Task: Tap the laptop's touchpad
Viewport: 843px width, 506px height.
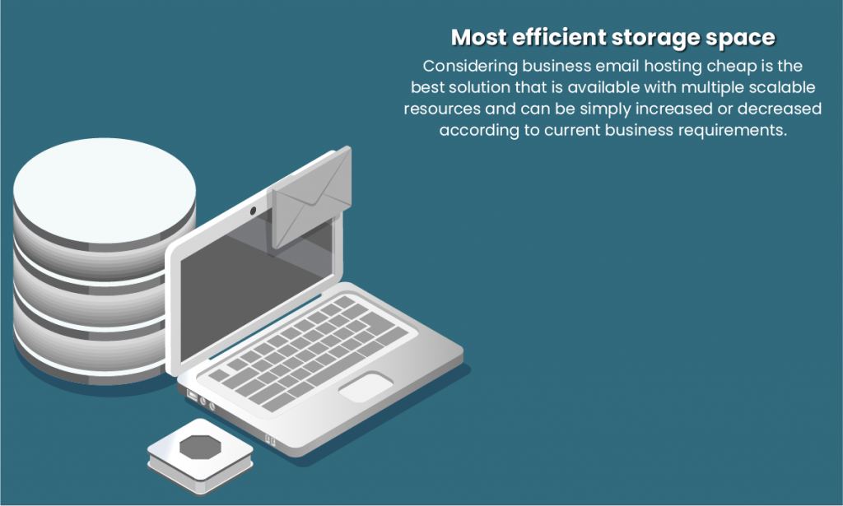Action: [x=366, y=387]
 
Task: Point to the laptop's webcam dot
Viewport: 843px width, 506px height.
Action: [x=253, y=212]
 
